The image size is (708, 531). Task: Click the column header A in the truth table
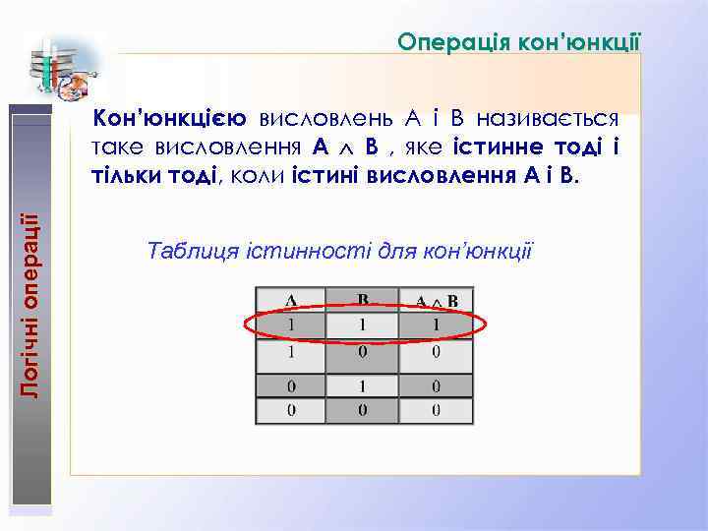pyautogui.click(x=291, y=299)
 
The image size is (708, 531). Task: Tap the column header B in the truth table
pyautogui.click(x=362, y=299)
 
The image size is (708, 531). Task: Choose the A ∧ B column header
pyautogui.click(x=435, y=299)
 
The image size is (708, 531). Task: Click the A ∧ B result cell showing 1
pyautogui.click(x=435, y=323)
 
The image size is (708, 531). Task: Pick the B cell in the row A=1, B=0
pyautogui.click(x=362, y=351)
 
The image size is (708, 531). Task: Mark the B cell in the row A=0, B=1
pyautogui.click(x=362, y=385)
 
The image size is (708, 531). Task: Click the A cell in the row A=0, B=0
pyautogui.click(x=291, y=411)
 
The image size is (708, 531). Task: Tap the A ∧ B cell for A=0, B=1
pyautogui.click(x=435, y=385)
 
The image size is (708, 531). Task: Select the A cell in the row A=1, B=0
pyautogui.click(x=291, y=351)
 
